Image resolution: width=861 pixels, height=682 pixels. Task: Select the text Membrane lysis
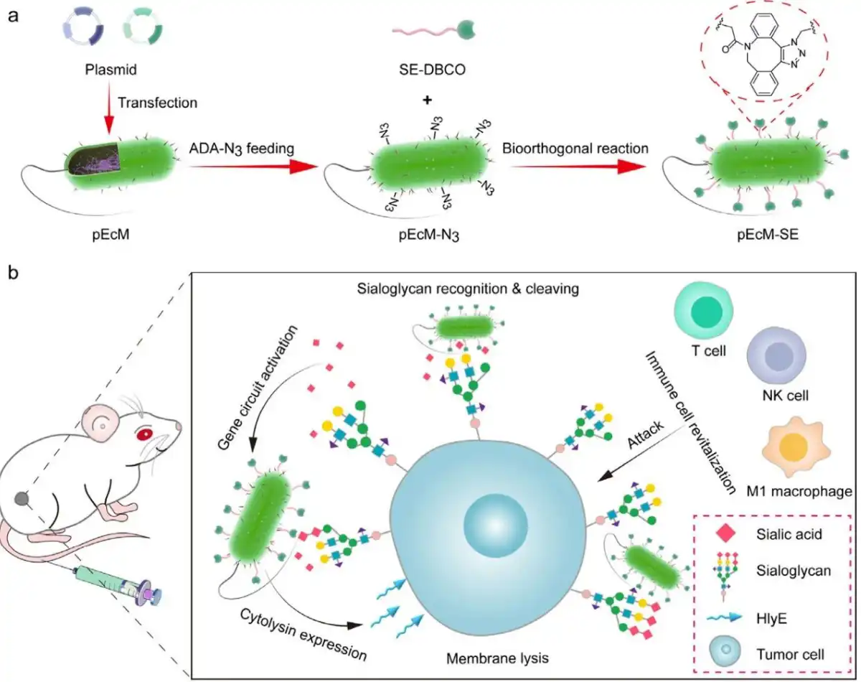point(489,658)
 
